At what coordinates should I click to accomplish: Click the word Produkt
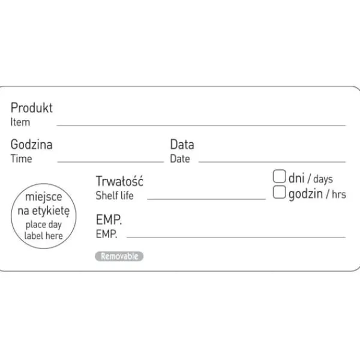(32, 107)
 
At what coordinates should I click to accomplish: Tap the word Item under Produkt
(20, 122)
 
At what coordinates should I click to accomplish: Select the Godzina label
(32, 145)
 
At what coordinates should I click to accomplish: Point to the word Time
(22, 158)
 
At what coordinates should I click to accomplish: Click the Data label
(182, 145)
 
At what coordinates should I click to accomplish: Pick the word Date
(180, 158)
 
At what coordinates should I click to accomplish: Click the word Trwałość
(119, 181)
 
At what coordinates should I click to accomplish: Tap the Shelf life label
(115, 196)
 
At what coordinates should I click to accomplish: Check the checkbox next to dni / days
(280, 176)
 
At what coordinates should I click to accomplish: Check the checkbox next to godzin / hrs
(280, 192)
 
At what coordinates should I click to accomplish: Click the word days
(323, 179)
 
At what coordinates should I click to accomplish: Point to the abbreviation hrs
(339, 194)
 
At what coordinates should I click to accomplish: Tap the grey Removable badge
(119, 256)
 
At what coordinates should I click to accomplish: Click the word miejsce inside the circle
(44, 197)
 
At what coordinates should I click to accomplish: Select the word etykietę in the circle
(51, 211)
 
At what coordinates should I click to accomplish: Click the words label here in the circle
(44, 236)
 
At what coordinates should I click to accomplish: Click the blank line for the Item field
(201, 125)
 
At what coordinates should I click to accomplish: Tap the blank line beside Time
(110, 162)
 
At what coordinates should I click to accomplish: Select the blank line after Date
(272, 162)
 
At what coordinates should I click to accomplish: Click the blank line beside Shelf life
(206, 199)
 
